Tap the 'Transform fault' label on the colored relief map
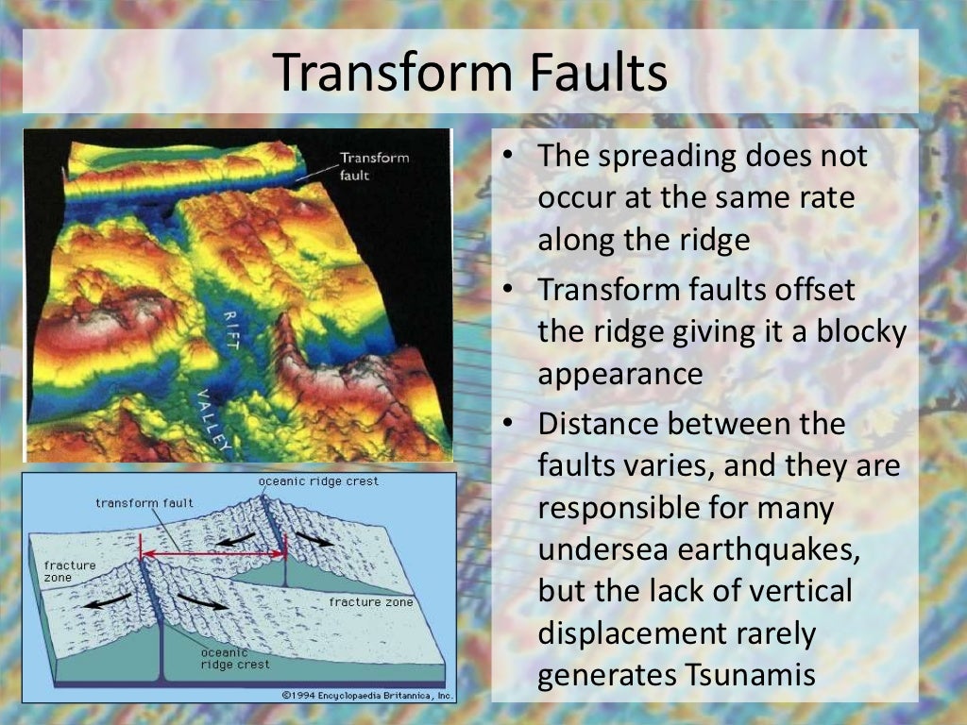tap(374, 166)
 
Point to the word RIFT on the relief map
tap(231, 333)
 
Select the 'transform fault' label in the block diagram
tap(144, 503)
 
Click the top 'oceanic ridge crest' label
tap(318, 481)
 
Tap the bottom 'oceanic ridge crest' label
tap(234, 658)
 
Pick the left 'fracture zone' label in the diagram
tap(70, 571)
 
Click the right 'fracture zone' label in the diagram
tap(370, 601)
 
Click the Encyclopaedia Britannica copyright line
tap(368, 696)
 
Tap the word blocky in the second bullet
tap(851, 332)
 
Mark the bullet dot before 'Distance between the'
tap(507, 424)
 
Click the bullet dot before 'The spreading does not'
tap(507, 157)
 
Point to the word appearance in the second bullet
tap(619, 374)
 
